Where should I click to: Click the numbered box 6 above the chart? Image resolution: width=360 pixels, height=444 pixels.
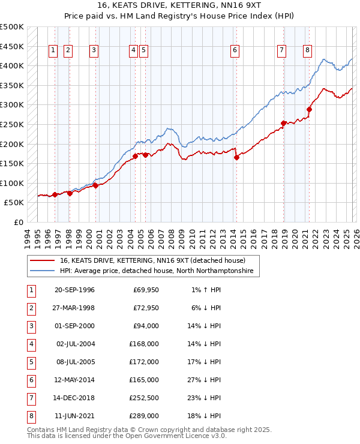point(235,51)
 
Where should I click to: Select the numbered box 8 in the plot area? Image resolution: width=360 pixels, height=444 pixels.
point(307,51)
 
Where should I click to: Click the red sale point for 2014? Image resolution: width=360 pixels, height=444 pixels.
point(236,158)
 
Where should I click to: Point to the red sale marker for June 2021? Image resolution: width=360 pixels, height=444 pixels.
point(310,109)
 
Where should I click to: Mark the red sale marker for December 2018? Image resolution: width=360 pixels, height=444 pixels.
point(283,124)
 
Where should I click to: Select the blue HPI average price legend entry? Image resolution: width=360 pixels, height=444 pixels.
point(157,271)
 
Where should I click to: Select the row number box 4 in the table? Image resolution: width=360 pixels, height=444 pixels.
point(31,344)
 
